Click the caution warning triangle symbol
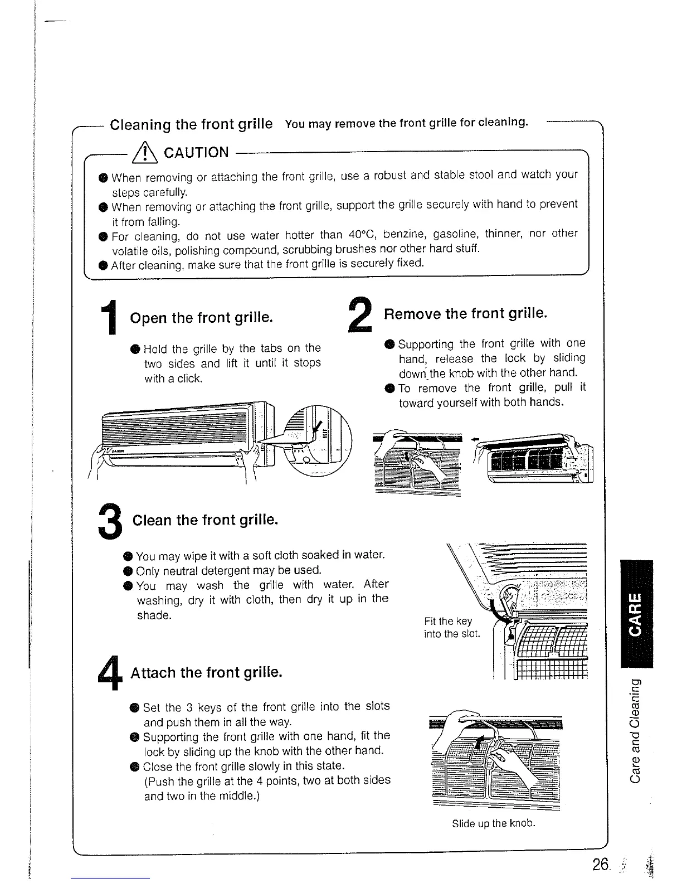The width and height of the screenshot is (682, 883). pyautogui.click(x=144, y=152)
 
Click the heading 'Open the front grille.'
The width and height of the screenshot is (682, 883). pyautogui.click(x=201, y=318)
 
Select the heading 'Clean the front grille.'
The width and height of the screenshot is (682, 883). pyautogui.click(x=204, y=520)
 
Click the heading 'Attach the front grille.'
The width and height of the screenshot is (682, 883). pyautogui.click(x=206, y=673)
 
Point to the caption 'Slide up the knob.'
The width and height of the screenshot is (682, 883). pyautogui.click(x=494, y=823)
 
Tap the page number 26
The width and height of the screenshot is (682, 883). pyautogui.click(x=601, y=865)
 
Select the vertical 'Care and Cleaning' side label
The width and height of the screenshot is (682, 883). pyautogui.click(x=635, y=730)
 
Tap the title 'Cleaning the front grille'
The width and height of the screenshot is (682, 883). pyautogui.click(x=191, y=124)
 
